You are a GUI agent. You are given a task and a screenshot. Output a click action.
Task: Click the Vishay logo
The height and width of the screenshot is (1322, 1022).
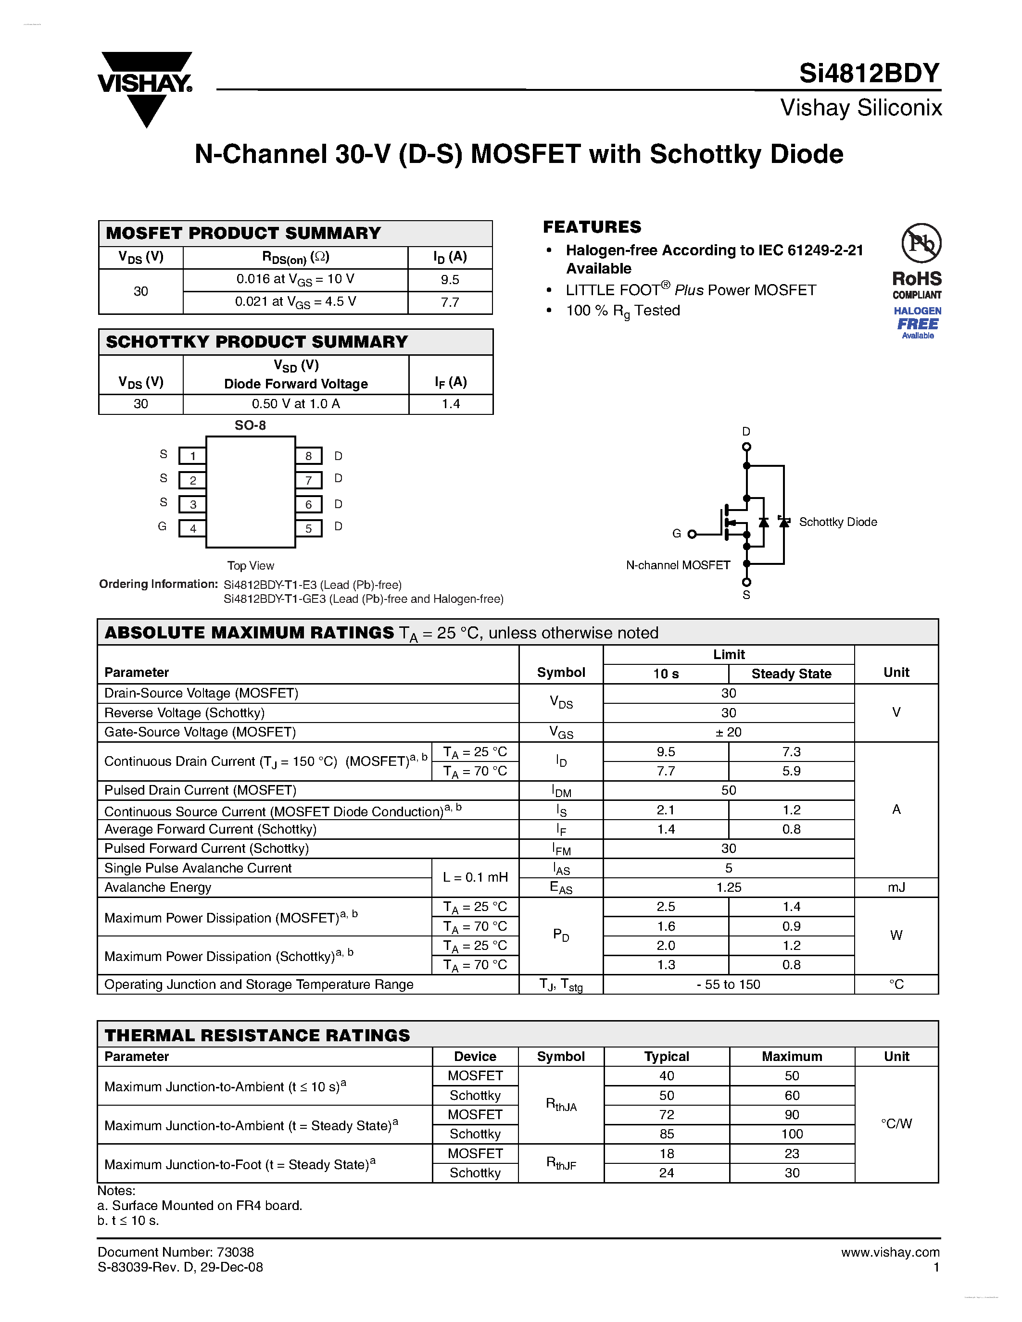pyautogui.click(x=145, y=88)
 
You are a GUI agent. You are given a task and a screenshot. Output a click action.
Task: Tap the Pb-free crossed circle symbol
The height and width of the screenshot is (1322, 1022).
pyautogui.click(x=921, y=243)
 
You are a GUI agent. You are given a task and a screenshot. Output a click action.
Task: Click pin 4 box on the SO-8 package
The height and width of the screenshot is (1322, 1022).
pyautogui.click(x=192, y=528)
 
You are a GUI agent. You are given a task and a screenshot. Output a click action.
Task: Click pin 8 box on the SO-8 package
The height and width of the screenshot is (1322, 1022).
pyautogui.click(x=309, y=456)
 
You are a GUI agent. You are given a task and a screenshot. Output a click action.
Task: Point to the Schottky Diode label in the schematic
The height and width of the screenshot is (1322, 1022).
pyautogui.click(x=837, y=522)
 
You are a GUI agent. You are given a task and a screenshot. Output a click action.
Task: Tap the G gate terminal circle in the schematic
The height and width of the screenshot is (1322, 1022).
pyautogui.click(x=692, y=534)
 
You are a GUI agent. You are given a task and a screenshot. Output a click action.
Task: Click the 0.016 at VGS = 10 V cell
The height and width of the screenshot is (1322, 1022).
pyautogui.click(x=295, y=280)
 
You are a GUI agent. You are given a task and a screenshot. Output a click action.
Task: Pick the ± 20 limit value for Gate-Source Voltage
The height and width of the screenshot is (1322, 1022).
pyautogui.click(x=728, y=732)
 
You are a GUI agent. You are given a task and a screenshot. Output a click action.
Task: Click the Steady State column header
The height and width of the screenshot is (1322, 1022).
pyautogui.click(x=791, y=673)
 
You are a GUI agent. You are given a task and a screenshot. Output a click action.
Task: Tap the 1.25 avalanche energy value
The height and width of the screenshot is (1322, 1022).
pyautogui.click(x=728, y=887)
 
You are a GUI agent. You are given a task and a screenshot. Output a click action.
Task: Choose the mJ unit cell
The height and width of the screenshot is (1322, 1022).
pyautogui.click(x=896, y=887)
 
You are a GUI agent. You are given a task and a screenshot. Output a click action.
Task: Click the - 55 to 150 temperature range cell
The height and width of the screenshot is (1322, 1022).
pyautogui.click(x=728, y=984)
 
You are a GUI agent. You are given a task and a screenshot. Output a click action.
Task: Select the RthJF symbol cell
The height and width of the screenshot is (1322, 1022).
pyautogui.click(x=561, y=1163)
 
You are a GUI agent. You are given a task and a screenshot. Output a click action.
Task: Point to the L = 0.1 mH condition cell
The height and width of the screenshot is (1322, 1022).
pyautogui.click(x=475, y=877)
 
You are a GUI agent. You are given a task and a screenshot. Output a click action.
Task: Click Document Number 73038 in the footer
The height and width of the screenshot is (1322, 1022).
pyautogui.click(x=176, y=1252)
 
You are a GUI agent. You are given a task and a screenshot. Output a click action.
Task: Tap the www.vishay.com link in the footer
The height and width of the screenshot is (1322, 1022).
pyautogui.click(x=890, y=1252)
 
